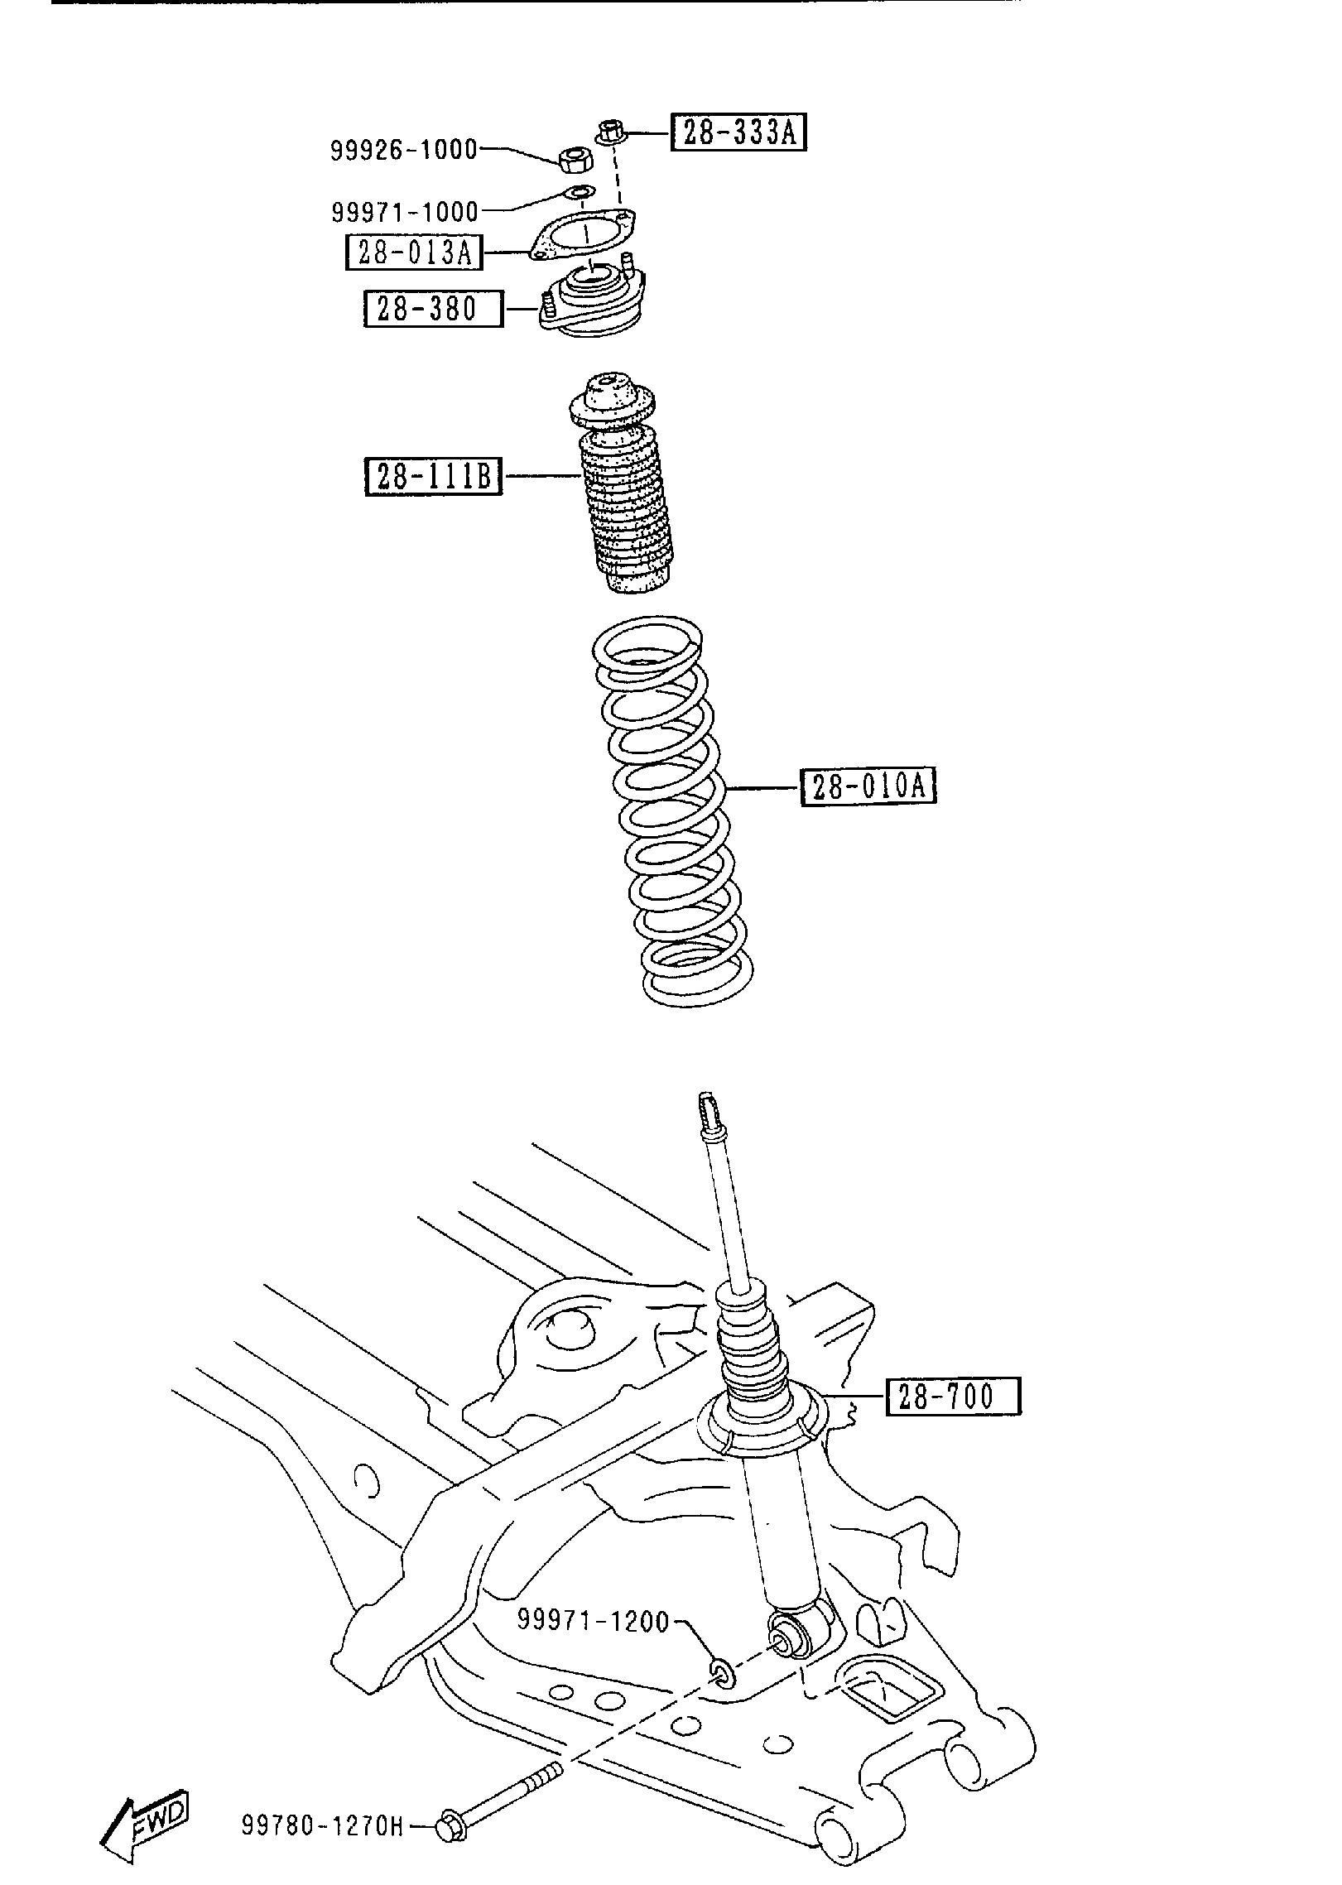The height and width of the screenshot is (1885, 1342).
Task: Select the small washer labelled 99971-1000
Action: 580,194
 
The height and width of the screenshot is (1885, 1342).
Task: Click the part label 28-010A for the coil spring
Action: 868,786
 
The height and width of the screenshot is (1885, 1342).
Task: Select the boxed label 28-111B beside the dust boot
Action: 434,477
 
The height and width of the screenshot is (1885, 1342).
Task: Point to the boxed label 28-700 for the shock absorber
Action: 953,1397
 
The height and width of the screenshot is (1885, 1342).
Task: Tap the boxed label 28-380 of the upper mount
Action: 433,309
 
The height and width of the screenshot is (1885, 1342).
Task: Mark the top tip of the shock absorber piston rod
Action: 708,1095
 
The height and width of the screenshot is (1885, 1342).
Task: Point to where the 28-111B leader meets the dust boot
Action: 580,476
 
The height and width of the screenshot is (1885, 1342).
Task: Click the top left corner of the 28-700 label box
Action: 887,1379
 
